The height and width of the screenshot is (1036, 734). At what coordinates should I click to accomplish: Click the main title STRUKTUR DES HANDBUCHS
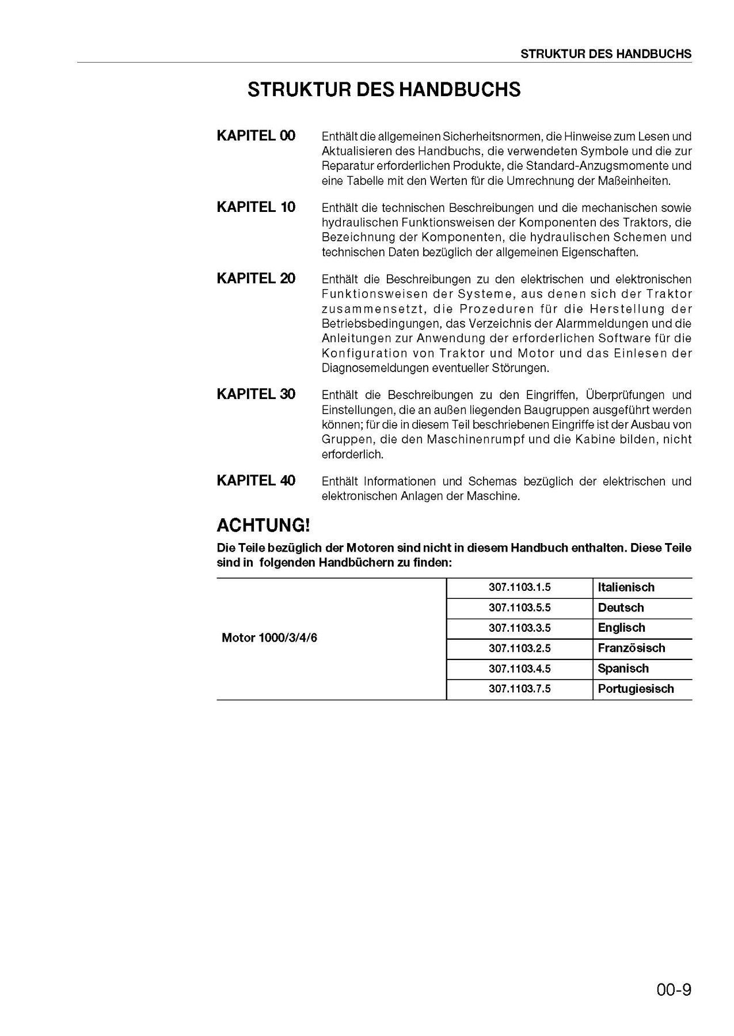[384, 90]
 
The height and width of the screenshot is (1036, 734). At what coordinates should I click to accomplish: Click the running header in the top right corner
[606, 54]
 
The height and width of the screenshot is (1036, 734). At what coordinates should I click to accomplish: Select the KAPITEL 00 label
[256, 136]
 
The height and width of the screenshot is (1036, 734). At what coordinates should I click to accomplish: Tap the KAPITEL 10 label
[256, 207]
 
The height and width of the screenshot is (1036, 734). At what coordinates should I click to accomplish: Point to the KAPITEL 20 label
[256, 279]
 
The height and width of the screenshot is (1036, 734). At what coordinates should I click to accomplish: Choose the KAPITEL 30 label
[256, 394]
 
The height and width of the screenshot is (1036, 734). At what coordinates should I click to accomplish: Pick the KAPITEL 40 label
[256, 481]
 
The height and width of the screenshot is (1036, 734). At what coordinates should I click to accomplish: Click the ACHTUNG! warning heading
[263, 525]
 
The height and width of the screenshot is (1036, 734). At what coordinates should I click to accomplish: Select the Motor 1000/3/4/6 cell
[269, 639]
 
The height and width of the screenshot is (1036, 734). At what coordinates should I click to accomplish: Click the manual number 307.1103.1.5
[520, 587]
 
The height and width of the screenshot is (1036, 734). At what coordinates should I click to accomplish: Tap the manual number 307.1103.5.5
[520, 608]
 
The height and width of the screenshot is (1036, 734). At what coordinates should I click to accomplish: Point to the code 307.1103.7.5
[520, 689]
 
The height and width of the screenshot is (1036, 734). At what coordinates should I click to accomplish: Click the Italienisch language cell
[626, 587]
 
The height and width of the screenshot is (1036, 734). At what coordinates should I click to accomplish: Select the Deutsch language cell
[621, 608]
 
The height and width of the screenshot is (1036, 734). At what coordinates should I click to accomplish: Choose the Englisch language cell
[621, 628]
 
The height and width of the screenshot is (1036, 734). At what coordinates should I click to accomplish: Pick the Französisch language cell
[632, 648]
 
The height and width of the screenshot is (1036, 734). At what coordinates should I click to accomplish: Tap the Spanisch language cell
[623, 669]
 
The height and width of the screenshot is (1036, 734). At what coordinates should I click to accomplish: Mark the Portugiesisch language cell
[636, 689]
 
